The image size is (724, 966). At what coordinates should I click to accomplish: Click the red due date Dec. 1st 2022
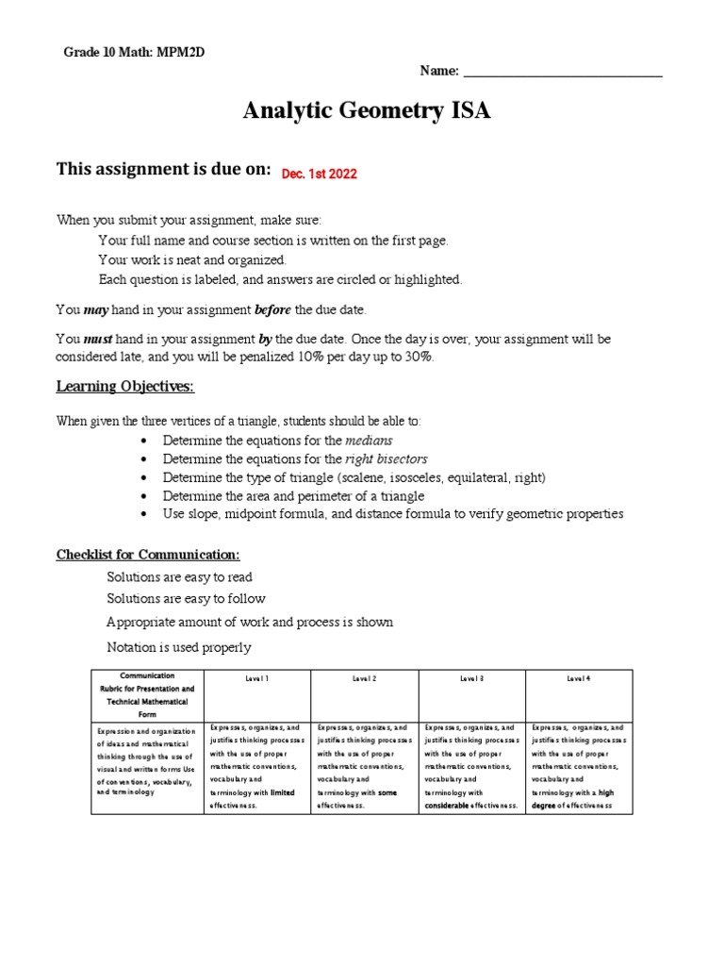coord(313,175)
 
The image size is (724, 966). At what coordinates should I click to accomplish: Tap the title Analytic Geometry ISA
coord(367,111)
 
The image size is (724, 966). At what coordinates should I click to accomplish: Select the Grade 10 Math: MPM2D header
coord(134,52)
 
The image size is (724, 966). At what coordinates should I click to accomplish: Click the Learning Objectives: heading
coord(125,387)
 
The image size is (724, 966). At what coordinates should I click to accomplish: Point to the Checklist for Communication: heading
coord(148,554)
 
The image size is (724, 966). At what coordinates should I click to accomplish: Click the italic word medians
coord(369,441)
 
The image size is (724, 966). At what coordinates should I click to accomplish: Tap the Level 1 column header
coord(258,678)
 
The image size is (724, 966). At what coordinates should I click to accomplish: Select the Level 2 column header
coord(365,678)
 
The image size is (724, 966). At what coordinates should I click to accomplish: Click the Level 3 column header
coord(472,678)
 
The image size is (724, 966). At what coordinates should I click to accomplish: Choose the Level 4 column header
coord(579,678)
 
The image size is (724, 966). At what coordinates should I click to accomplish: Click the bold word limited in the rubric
coord(283,793)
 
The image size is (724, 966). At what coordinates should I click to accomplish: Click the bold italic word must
coord(98,339)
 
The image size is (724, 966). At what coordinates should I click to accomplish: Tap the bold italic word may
coord(96,309)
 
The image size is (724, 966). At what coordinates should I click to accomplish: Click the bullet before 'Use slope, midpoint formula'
coord(142,514)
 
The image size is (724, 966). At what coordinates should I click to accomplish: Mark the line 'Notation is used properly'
coord(179,647)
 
